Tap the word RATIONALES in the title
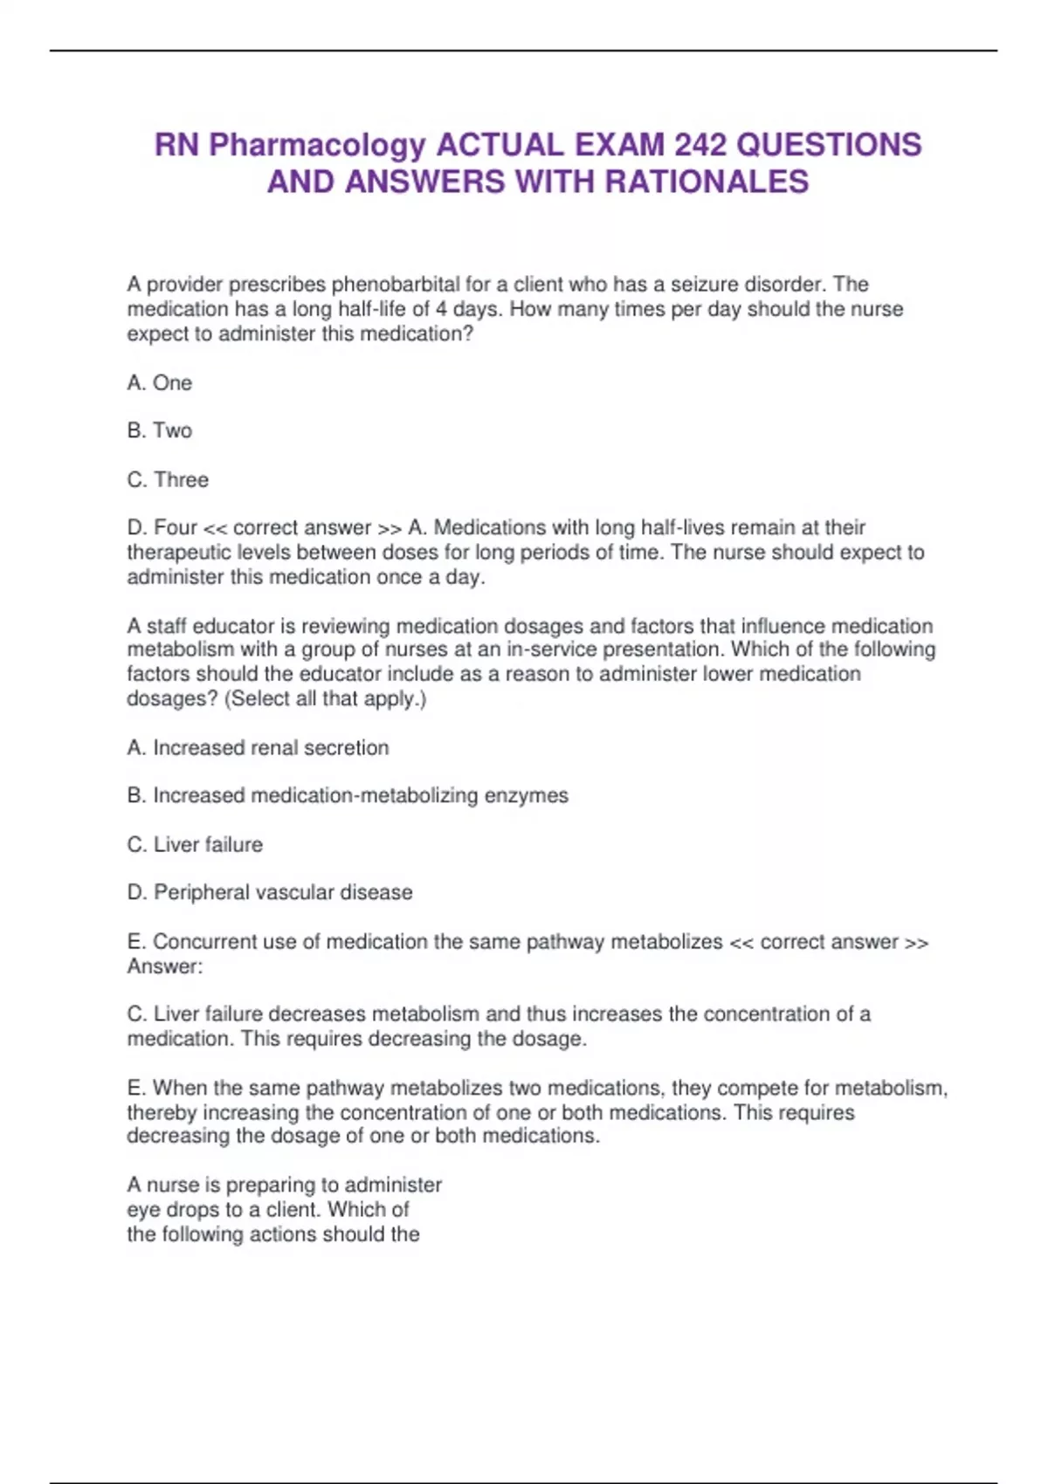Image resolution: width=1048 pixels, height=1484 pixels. [707, 182]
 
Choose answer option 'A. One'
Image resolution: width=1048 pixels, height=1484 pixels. [160, 383]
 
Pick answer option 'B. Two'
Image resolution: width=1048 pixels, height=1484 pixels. [160, 430]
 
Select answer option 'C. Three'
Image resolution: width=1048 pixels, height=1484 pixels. [169, 480]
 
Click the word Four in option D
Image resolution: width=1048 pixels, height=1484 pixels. [176, 528]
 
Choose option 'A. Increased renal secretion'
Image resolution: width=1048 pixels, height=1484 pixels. [259, 748]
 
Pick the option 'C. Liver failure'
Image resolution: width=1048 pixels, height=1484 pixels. [195, 845]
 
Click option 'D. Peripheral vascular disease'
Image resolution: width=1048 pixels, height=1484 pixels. [270, 893]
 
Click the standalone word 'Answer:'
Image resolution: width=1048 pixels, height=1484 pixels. [165, 966]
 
